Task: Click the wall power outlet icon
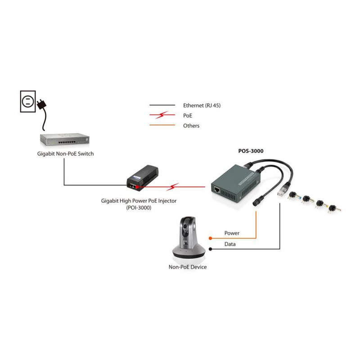click(x=28, y=100)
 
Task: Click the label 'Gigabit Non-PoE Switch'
click(x=66, y=154)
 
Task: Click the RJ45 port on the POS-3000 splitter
click(x=217, y=190)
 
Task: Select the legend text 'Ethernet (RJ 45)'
click(x=202, y=105)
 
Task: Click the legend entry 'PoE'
click(x=188, y=116)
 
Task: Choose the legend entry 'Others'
click(x=191, y=126)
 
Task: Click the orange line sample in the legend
click(x=162, y=126)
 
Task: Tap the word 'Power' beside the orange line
click(x=232, y=233)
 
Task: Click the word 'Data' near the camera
click(x=230, y=244)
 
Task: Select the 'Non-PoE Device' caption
click(x=188, y=267)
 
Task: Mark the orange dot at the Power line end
click(x=210, y=238)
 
